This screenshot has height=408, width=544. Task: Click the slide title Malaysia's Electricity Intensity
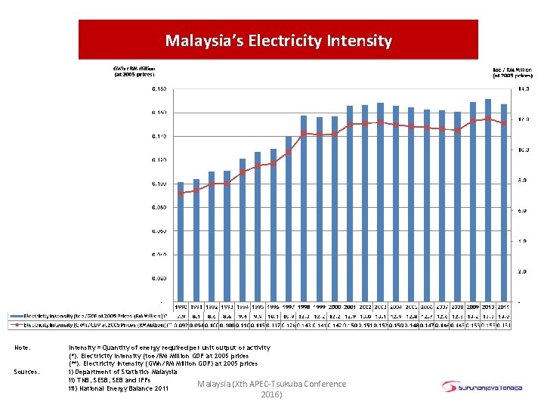pyautogui.click(x=278, y=41)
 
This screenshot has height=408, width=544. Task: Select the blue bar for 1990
pyautogui.click(x=181, y=242)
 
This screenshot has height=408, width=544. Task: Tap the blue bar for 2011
pyautogui.click(x=504, y=204)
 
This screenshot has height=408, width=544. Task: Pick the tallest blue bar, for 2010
pyautogui.click(x=488, y=200)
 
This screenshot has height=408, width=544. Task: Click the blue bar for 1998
pyautogui.click(x=304, y=208)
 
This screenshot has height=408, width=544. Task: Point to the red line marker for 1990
pyautogui.click(x=181, y=193)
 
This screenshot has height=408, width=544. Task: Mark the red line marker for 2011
pyautogui.click(x=504, y=123)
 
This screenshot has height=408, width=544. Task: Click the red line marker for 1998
pyautogui.click(x=304, y=133)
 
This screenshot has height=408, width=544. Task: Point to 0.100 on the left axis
pyautogui.click(x=159, y=184)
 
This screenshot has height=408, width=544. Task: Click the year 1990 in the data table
pyautogui.click(x=181, y=307)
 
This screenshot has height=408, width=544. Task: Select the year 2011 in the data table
pyautogui.click(x=504, y=307)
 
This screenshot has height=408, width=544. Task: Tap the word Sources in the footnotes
pyautogui.click(x=26, y=372)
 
